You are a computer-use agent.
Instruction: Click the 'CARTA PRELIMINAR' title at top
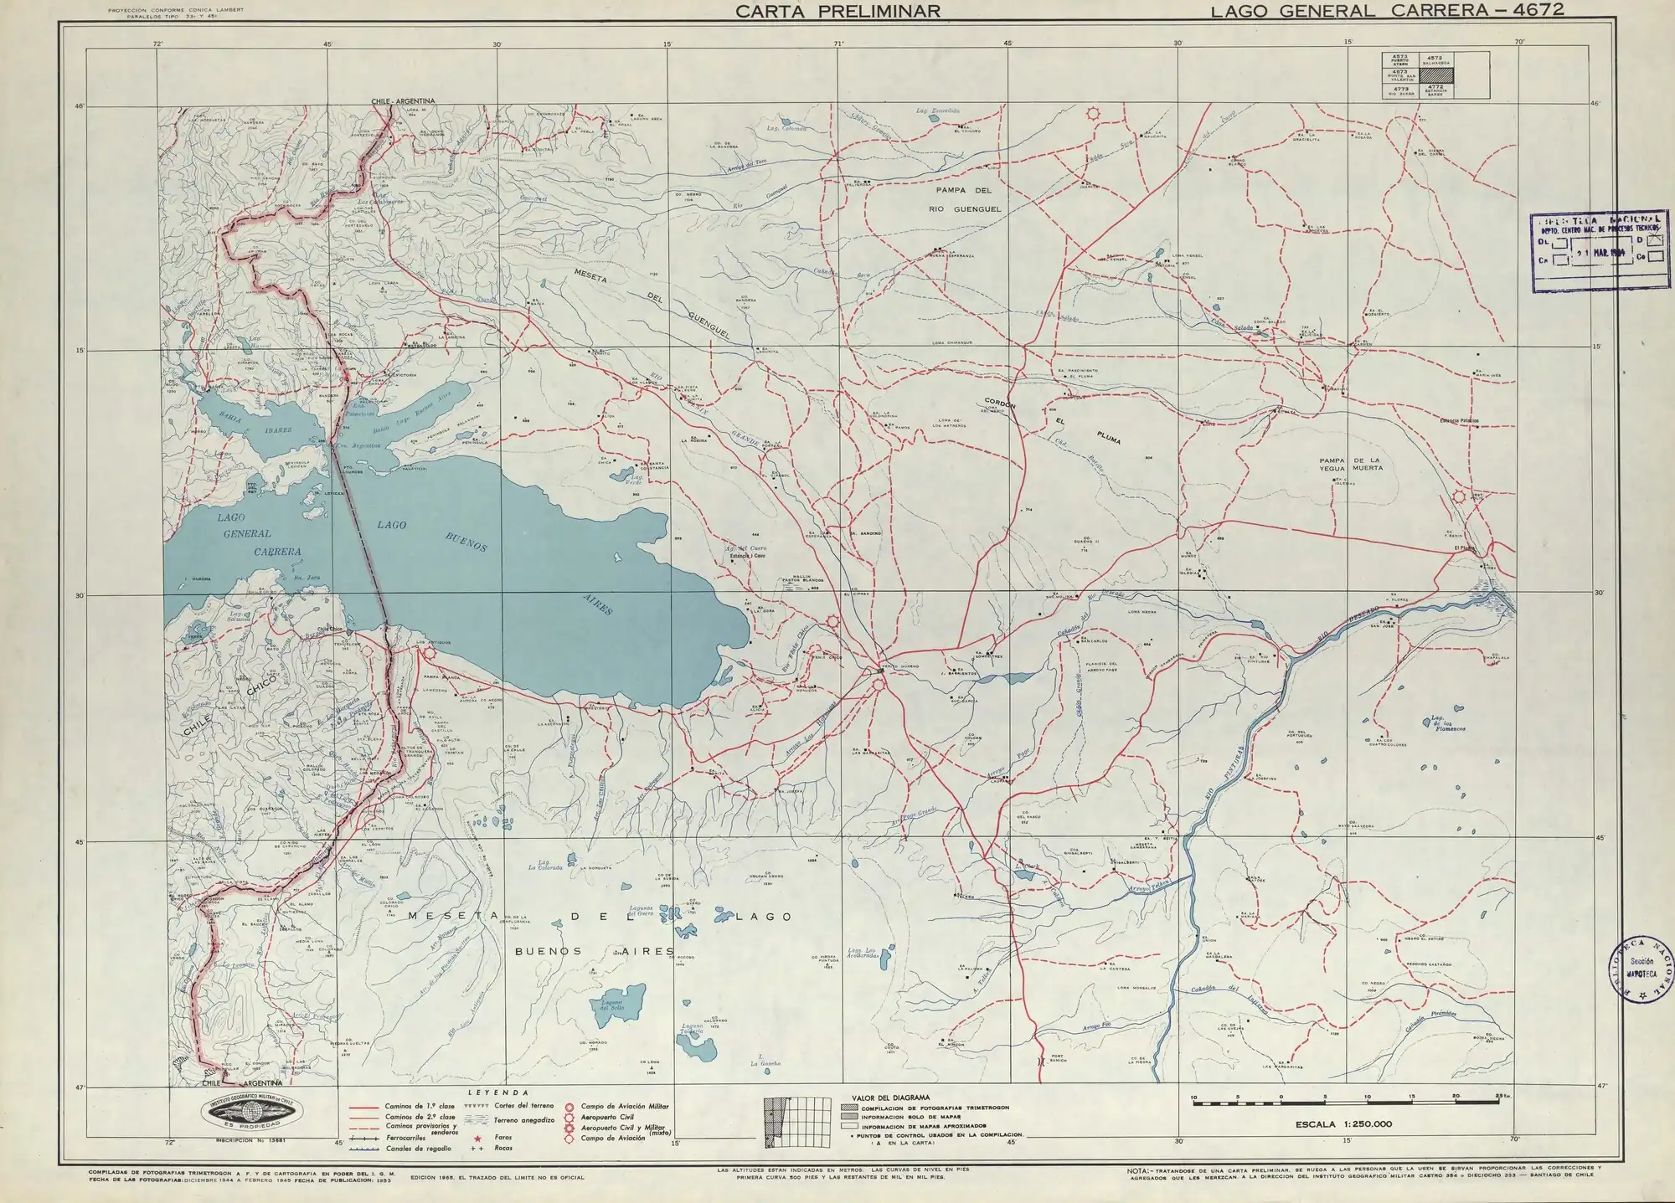pos(837,11)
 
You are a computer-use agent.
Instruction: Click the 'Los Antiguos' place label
pos(433,643)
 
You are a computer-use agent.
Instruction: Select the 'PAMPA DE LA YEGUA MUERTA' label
pos(1350,464)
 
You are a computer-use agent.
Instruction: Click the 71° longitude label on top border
pos(838,43)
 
